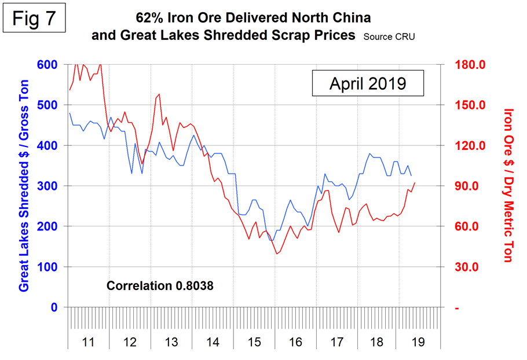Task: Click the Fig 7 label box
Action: pos(36,19)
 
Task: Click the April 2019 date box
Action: pos(368,83)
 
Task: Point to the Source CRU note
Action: pos(389,36)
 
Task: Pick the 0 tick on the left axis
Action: pos(54,308)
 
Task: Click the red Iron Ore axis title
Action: pos(508,185)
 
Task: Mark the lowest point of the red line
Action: pos(277,254)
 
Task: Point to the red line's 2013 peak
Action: pos(159,94)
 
